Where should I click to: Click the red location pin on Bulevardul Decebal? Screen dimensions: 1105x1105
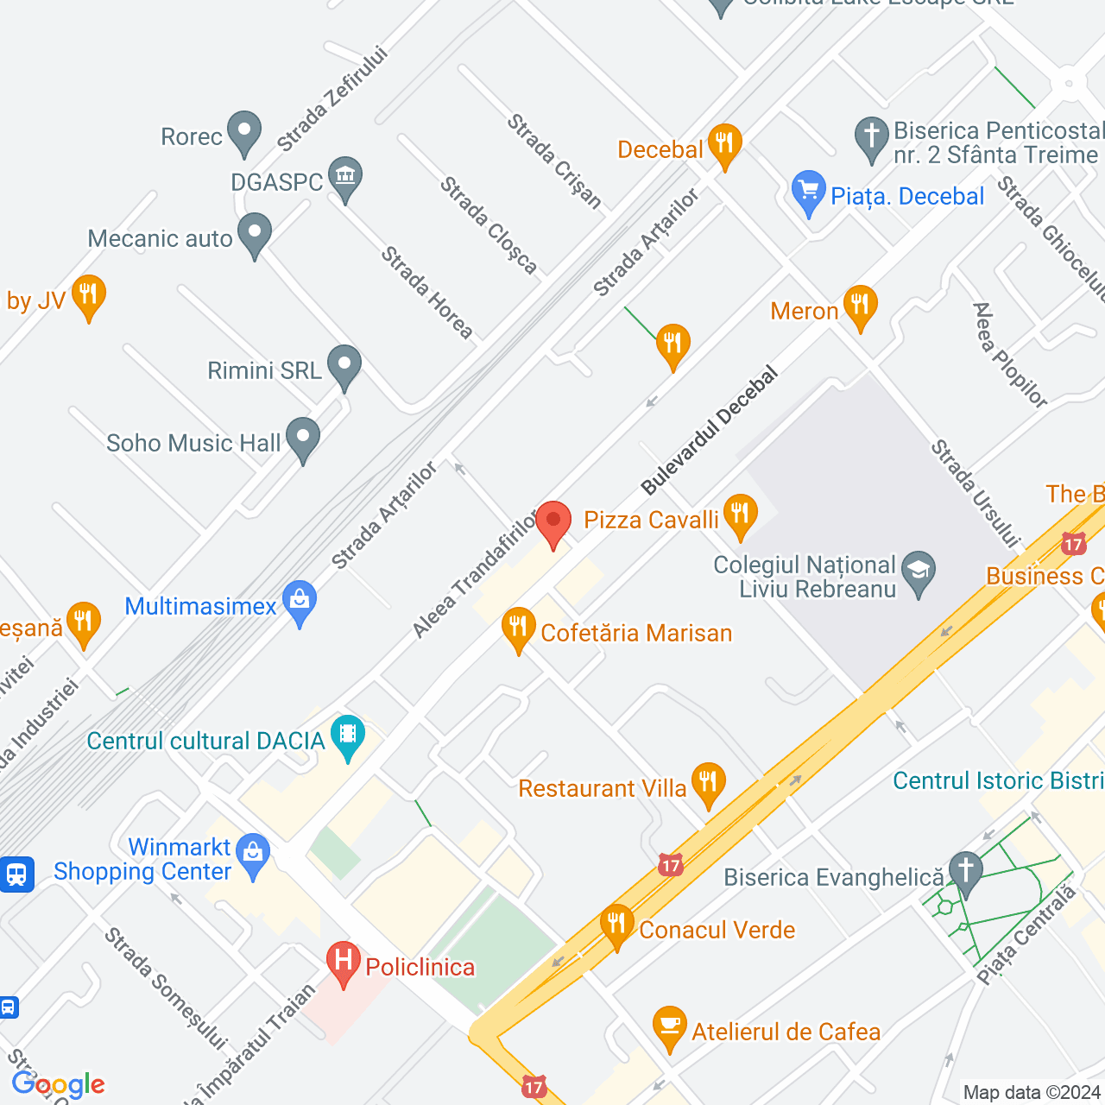pyautogui.click(x=553, y=521)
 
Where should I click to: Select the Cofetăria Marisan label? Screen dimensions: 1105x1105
pyautogui.click(x=636, y=633)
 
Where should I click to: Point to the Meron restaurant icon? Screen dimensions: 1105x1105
pyautogui.click(x=860, y=305)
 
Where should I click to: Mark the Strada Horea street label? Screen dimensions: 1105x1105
pyautogui.click(x=427, y=293)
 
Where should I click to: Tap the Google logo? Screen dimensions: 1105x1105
pyautogui.click(x=58, y=1084)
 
